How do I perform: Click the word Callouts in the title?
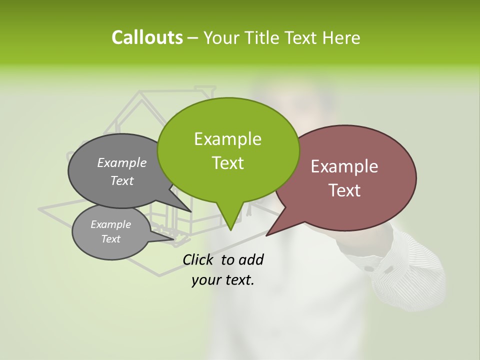pyautogui.click(x=147, y=37)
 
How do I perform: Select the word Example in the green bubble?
pyautogui.click(x=227, y=139)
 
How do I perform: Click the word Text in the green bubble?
pyautogui.click(x=227, y=163)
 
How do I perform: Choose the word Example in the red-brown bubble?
pyautogui.click(x=344, y=166)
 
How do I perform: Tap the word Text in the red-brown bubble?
pyautogui.click(x=344, y=190)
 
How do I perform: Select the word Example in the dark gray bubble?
pyautogui.click(x=122, y=162)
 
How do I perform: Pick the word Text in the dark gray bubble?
pyautogui.click(x=122, y=180)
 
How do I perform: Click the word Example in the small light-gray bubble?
pyautogui.click(x=110, y=224)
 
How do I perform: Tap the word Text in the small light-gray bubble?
pyautogui.click(x=110, y=239)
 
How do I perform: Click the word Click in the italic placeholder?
pyautogui.click(x=198, y=259)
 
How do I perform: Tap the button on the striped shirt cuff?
pyautogui.click(x=369, y=268)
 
